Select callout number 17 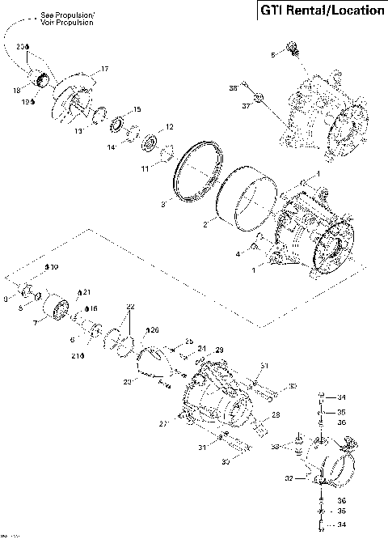click(104, 69)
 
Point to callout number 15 click(137, 109)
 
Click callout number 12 click(169, 127)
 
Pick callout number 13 click(79, 129)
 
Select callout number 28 click(276, 415)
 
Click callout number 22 click(130, 306)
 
